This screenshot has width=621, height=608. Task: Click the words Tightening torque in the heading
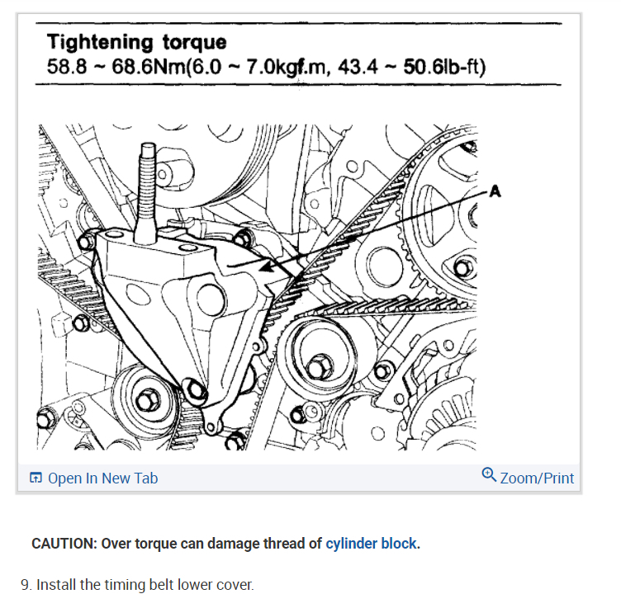coord(136,42)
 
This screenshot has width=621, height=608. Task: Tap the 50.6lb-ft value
coord(444,65)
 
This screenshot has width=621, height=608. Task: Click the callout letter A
coord(495,191)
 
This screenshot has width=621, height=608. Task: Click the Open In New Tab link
coord(102,478)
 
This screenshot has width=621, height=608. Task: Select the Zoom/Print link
coord(537,478)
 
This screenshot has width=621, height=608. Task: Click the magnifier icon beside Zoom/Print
coord(489,476)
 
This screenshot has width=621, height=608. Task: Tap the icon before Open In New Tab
coord(36,478)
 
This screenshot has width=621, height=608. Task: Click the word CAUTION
coord(64,544)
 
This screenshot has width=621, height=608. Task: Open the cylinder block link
coord(371,544)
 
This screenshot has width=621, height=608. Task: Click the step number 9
coord(26,585)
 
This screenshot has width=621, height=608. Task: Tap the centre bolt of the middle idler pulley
coord(318,364)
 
